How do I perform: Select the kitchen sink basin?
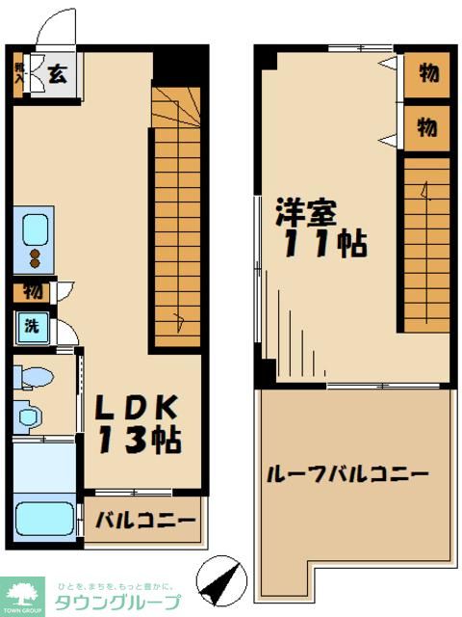(x=36, y=230)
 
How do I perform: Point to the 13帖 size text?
(x=137, y=442)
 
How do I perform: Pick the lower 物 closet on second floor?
(x=426, y=126)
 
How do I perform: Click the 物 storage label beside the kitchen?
(x=32, y=290)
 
